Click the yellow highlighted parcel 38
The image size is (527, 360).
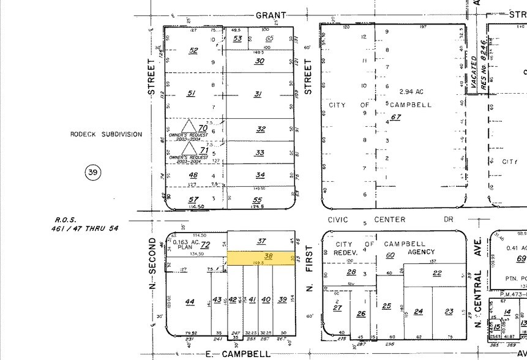260,258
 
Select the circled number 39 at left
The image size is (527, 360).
92,173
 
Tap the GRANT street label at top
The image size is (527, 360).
271,15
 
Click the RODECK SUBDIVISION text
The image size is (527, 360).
106,134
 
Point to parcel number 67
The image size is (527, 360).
396,118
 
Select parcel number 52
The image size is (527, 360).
193,50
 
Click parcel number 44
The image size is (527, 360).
190,301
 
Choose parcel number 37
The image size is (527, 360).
261,241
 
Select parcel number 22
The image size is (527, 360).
437,273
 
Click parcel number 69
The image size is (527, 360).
521,260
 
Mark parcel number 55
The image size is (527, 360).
257,200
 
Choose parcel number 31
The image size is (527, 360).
258,94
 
